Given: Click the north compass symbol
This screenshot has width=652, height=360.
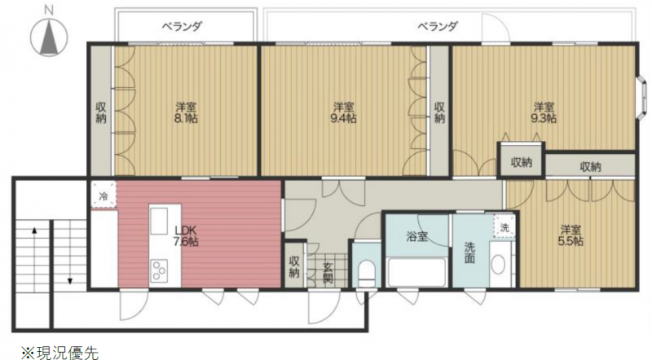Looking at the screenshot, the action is (49, 35).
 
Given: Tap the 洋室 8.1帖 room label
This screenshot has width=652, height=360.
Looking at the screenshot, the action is (186, 112).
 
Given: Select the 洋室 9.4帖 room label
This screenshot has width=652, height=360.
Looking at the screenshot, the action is (343, 112).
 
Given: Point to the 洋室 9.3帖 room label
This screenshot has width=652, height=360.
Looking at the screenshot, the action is (544, 112).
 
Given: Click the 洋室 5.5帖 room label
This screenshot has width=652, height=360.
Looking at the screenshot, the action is (570, 235).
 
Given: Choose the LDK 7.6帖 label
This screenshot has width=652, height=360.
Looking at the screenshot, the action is (186, 235).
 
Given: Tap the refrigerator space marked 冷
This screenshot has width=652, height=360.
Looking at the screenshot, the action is (104, 194).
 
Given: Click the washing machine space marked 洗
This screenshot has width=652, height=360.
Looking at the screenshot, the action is (504, 227).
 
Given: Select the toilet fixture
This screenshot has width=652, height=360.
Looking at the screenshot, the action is (367, 272).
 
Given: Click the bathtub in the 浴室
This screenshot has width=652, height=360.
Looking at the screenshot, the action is (416, 272).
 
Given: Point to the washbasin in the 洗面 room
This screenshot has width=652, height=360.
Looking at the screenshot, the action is (498, 264).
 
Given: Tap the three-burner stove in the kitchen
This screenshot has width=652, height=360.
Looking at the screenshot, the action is (159, 270).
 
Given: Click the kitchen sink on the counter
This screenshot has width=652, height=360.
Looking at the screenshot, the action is (159, 221).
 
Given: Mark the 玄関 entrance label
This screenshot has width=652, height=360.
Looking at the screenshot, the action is (328, 272).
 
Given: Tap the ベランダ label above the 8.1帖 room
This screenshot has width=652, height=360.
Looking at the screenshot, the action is (182, 27).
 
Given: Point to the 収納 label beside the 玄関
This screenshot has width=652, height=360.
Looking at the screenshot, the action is (294, 266).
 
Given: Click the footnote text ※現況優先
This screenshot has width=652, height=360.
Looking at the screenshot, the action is (60, 353).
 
